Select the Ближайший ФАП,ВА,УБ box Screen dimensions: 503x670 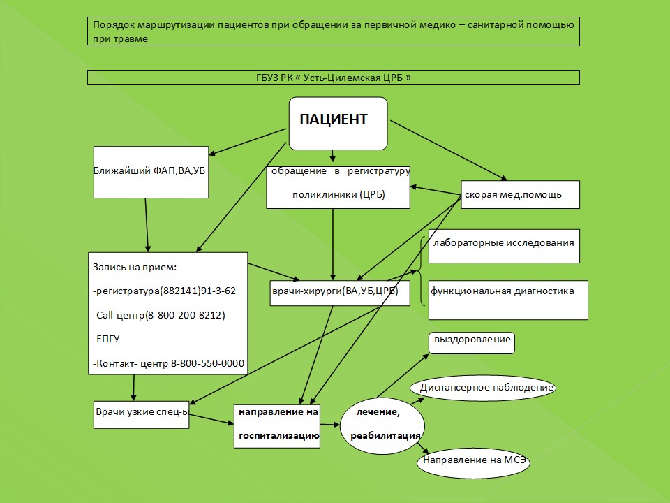click(x=151, y=171)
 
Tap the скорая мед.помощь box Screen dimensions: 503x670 click(x=520, y=194)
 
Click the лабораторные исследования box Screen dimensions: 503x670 click(x=503, y=245)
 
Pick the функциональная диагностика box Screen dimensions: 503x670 click(x=507, y=299)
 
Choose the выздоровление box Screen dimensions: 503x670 click(x=471, y=342)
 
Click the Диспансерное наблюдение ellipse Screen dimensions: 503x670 click(x=486, y=387)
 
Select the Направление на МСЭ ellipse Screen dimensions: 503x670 click(x=473, y=461)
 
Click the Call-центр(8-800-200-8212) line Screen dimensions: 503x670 click(x=158, y=316)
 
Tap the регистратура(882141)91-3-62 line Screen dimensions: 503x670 click(x=164, y=291)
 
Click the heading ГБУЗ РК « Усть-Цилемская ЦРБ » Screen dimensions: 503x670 click(x=334, y=77)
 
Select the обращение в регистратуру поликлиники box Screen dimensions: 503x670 click(x=338, y=187)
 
